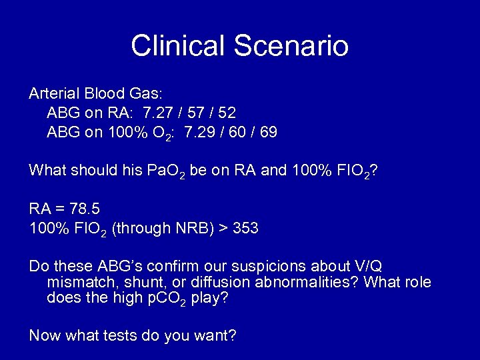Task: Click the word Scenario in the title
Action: pos(291,46)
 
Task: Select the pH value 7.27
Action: pos(159,113)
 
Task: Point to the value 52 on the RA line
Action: pos(227,113)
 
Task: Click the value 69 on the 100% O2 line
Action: pos(268,132)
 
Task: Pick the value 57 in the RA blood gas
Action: pos(193,113)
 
